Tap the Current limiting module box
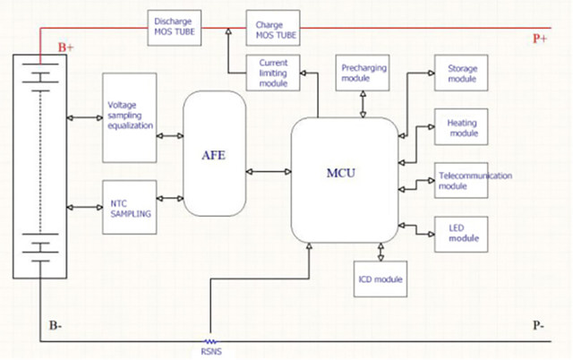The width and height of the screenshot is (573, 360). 272,73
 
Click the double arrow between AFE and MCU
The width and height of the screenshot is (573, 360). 269,171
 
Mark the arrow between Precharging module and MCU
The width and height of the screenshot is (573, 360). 363,105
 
